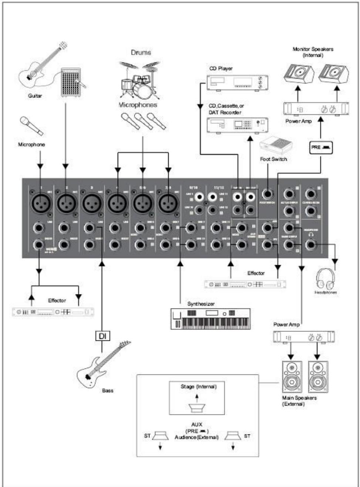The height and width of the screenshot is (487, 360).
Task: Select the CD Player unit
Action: pos(237,83)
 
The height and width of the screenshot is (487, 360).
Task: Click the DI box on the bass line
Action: pos(102,336)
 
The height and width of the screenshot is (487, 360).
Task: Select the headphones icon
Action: pos(326,278)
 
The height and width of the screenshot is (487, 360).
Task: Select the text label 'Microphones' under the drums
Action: pos(138,105)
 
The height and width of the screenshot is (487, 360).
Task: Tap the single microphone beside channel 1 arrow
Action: pos(31,126)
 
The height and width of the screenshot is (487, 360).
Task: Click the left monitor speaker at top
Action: pos(299,73)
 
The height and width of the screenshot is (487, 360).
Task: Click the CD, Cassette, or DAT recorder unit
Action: pos(237,126)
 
